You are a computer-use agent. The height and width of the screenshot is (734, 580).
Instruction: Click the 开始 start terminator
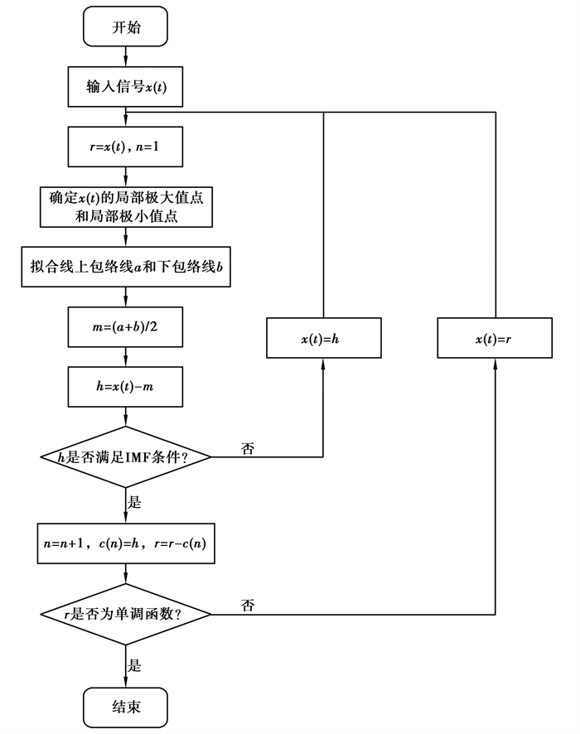coord(126,28)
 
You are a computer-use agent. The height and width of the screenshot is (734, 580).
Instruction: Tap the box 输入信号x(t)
coord(126,87)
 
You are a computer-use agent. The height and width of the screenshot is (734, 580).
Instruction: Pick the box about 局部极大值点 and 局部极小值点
coord(126,208)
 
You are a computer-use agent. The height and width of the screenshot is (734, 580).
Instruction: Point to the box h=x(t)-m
coord(126,387)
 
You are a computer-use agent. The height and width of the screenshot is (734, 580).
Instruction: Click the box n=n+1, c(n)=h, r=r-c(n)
coord(126,543)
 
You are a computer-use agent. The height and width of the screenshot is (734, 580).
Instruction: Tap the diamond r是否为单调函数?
coord(126,614)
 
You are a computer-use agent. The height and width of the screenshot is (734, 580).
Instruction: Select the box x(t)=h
coord(323,339)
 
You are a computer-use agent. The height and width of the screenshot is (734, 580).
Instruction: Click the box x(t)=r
coord(495,339)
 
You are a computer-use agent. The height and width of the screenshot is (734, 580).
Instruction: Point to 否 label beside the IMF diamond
coord(248,448)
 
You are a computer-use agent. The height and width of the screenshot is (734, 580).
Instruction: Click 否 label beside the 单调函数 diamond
coord(248,606)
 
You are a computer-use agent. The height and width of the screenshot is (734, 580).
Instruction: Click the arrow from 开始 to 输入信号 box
coord(126,56)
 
